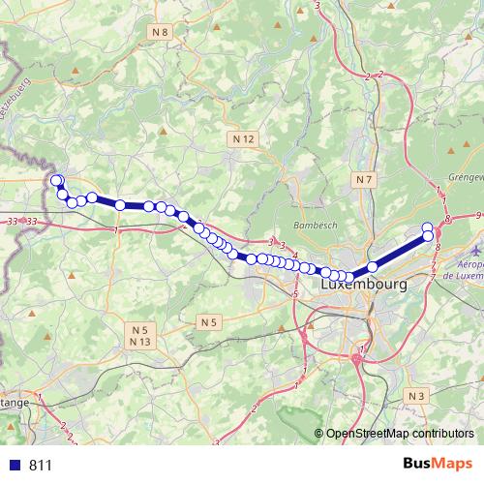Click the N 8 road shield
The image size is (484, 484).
(x=161, y=32)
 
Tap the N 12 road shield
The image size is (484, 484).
(x=243, y=139)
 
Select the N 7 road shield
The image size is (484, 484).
(x=364, y=180)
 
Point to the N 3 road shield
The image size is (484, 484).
(x=417, y=396)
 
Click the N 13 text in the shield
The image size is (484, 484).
(x=139, y=342)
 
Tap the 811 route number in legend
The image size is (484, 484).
(x=40, y=465)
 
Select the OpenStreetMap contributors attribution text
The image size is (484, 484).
(x=400, y=434)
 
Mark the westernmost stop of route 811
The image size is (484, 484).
(x=55, y=180)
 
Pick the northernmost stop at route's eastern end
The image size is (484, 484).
(x=428, y=227)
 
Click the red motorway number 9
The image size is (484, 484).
(x=479, y=214)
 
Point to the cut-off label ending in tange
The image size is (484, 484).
(x=14, y=401)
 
